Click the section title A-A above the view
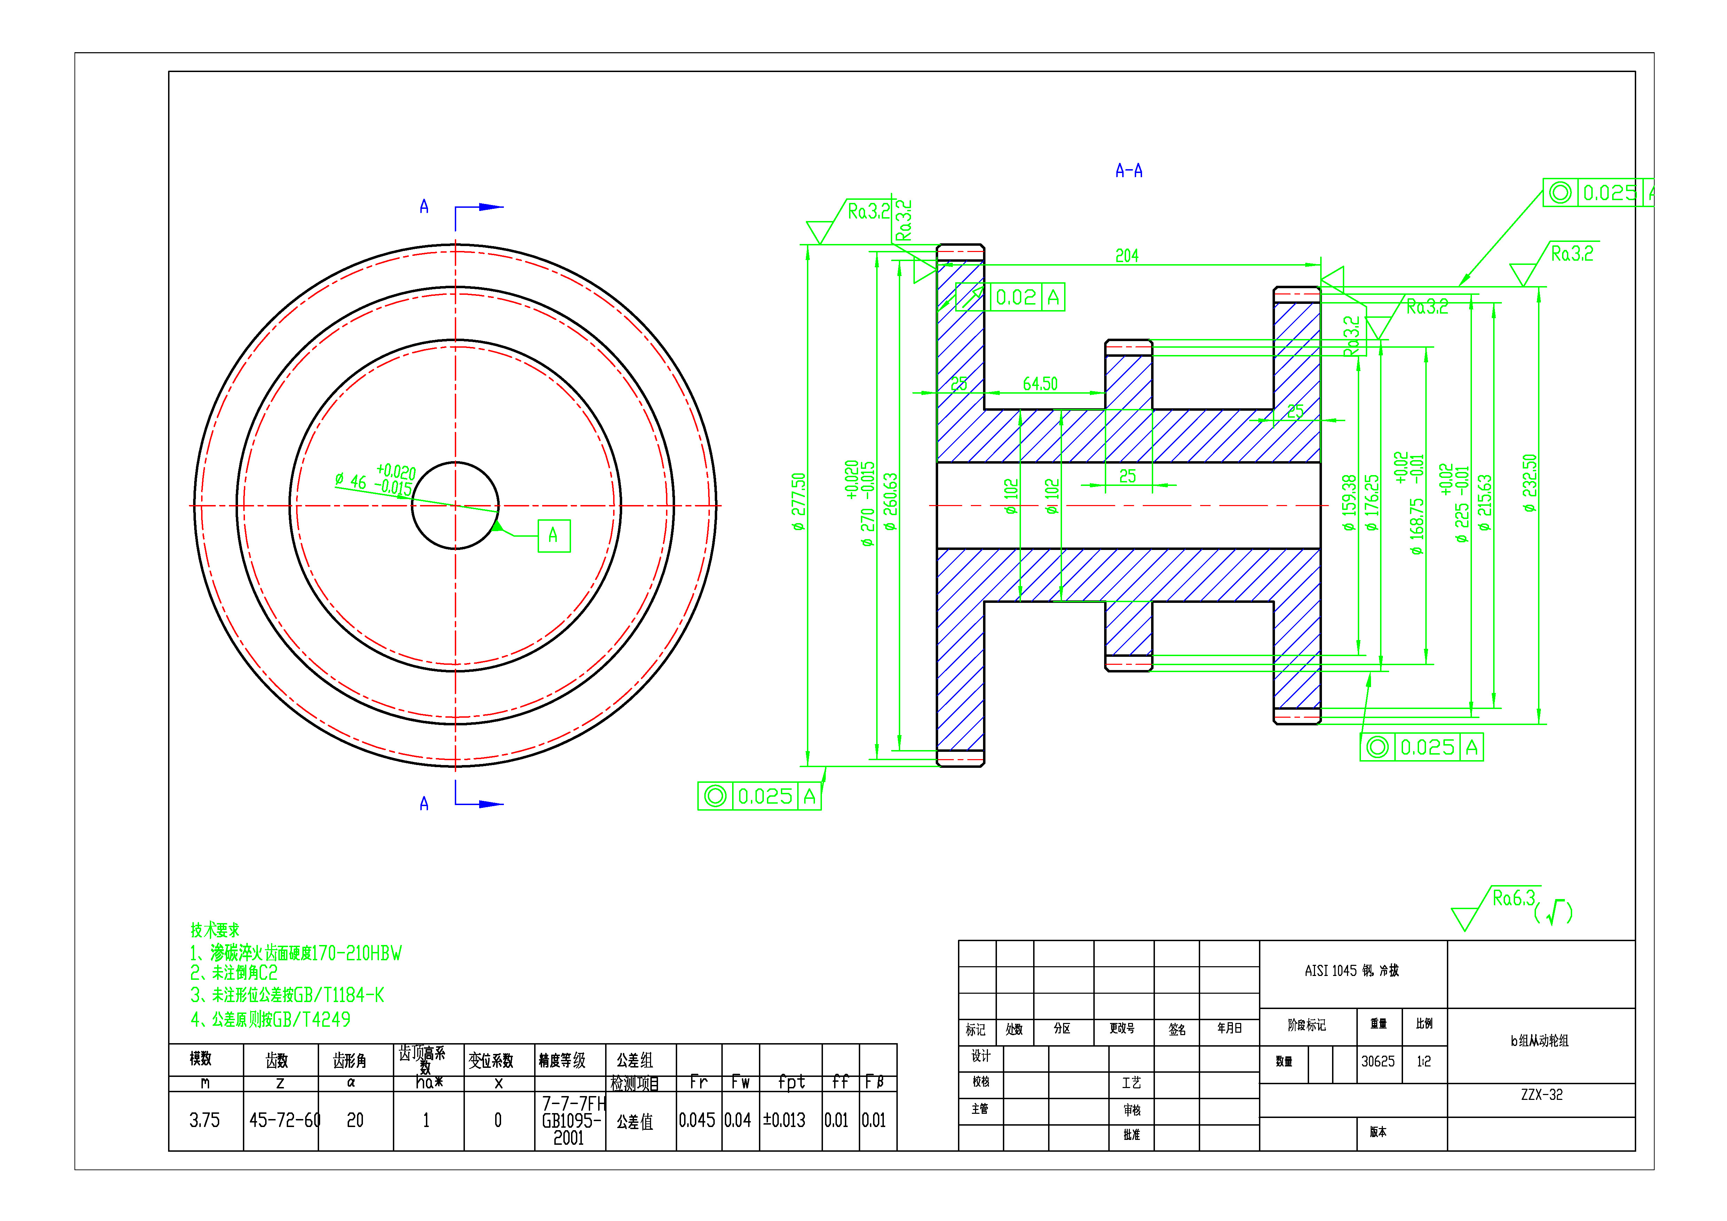pos(1128,171)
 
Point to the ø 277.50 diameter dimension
pos(798,502)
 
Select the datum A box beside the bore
pos(554,536)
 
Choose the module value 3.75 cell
pos(205,1120)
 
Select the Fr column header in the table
pos(698,1082)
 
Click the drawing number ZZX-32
pos(1541,1095)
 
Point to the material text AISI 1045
pos(1352,971)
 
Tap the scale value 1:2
pos(1423,1062)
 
